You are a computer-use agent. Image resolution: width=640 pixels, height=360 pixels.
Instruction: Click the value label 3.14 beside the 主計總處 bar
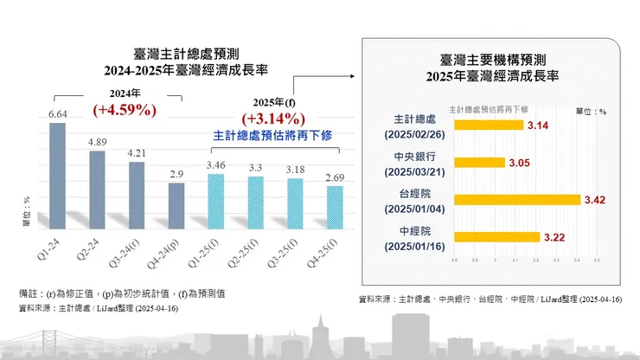(538, 126)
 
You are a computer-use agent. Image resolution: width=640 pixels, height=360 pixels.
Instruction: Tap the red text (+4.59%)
(124, 111)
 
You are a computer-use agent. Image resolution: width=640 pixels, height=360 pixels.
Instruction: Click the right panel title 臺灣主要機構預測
(492, 60)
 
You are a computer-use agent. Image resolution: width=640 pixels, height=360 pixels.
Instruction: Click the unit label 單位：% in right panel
(591, 111)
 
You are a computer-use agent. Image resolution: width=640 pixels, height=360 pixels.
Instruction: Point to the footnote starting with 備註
(121, 292)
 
